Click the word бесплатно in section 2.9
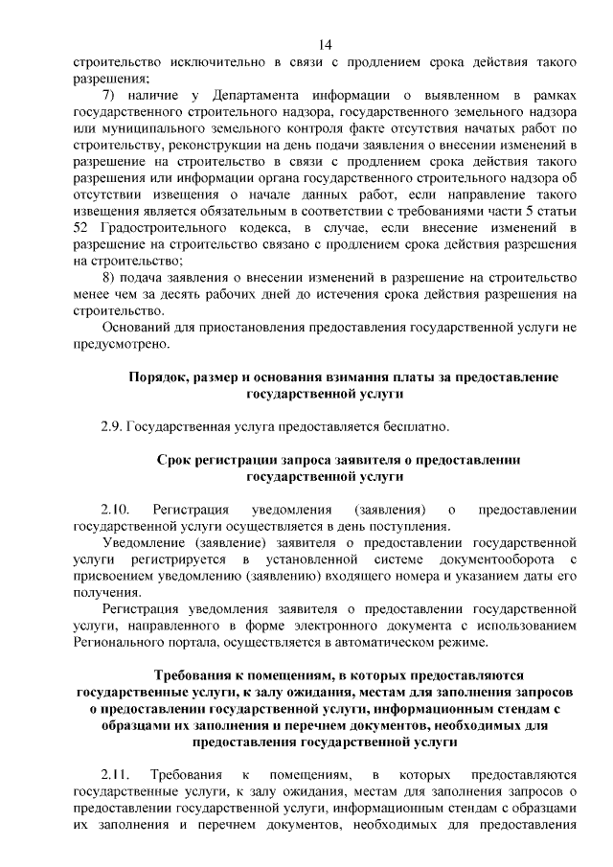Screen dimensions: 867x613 tap(412, 425)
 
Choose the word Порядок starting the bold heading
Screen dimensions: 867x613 tap(158, 376)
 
